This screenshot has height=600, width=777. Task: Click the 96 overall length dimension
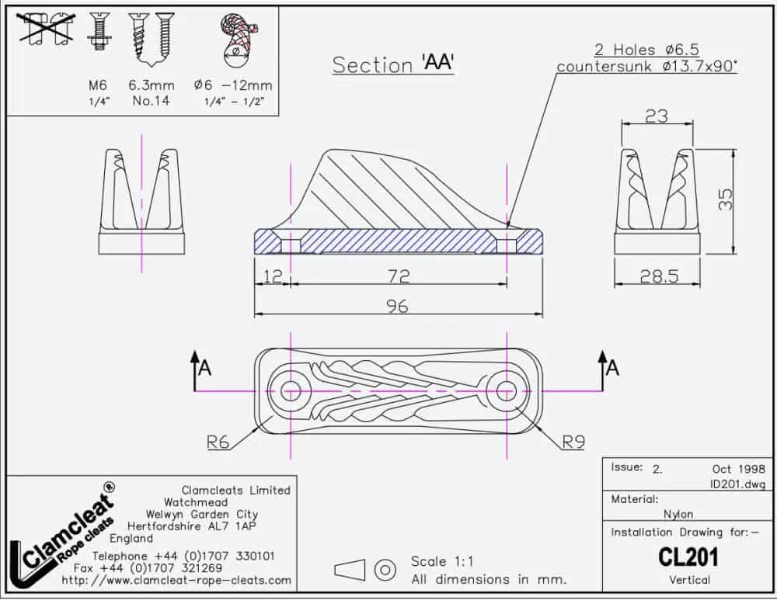[x=397, y=306]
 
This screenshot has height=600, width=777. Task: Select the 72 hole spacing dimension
[x=399, y=276]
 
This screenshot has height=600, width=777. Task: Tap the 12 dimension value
[x=273, y=276]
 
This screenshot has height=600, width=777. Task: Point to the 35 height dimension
[x=725, y=199]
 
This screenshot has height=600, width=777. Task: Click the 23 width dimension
[x=657, y=116]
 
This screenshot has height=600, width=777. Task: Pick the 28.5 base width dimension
[x=659, y=276]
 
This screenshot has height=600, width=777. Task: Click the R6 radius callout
[x=218, y=442]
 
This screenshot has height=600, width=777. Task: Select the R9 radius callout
[x=573, y=442]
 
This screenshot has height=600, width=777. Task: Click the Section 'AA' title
[x=393, y=64]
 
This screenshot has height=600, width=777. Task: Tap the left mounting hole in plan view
[x=291, y=391]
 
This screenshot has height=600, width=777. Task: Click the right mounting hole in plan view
[x=507, y=391]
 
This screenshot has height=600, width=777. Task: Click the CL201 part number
[x=688, y=557]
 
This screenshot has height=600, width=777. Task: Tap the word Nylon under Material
[x=678, y=515]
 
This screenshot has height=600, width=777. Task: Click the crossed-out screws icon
[x=46, y=29]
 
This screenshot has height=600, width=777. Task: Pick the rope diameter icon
[x=238, y=40]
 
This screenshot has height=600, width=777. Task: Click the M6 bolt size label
[x=98, y=85]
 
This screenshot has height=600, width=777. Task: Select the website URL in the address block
[x=176, y=580]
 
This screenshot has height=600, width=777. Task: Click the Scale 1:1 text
[x=442, y=561]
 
